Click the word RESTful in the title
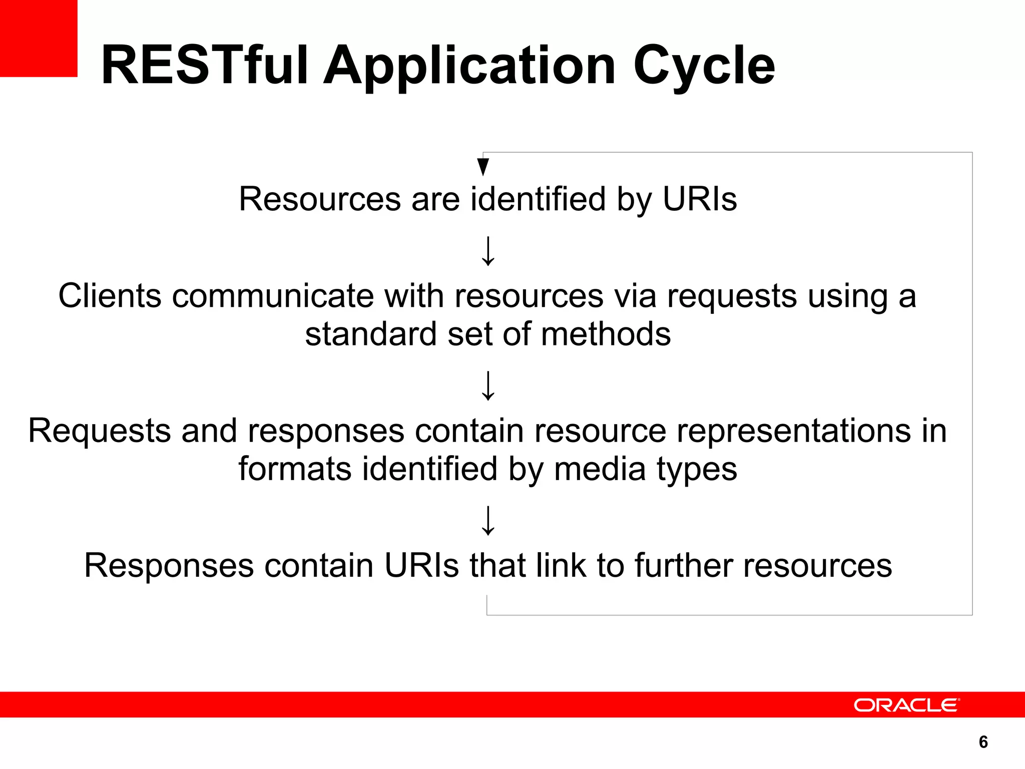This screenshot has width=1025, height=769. (x=204, y=66)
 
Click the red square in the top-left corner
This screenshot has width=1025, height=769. (x=39, y=38)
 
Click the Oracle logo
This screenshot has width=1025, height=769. (x=906, y=705)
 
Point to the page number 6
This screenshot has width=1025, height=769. (x=983, y=741)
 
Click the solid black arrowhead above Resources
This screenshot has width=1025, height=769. (x=483, y=167)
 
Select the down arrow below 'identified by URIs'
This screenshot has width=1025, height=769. (x=488, y=251)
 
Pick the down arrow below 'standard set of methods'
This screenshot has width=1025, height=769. (x=488, y=386)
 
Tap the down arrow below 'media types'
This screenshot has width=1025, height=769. (x=488, y=521)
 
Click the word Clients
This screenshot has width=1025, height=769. (x=110, y=295)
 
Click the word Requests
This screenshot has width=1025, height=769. (x=99, y=431)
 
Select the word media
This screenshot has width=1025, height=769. (x=600, y=469)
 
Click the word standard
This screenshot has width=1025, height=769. (x=371, y=334)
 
